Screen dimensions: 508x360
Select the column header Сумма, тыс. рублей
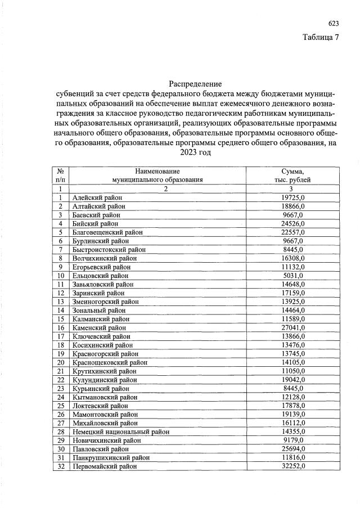pos(292,176)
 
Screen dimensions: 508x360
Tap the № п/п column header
pos(60,176)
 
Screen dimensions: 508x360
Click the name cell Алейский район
pos(97,197)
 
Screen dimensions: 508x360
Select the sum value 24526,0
pos(292,223)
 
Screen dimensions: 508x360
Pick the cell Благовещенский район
pos(107,232)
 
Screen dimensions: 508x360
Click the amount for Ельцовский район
pos(292,276)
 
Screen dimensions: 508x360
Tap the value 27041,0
pos(292,327)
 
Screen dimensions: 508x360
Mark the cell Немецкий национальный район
pos(120,431)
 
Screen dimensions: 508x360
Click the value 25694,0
pos(292,449)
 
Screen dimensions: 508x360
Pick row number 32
pos(60,466)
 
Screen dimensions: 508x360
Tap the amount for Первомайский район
pos(292,466)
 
